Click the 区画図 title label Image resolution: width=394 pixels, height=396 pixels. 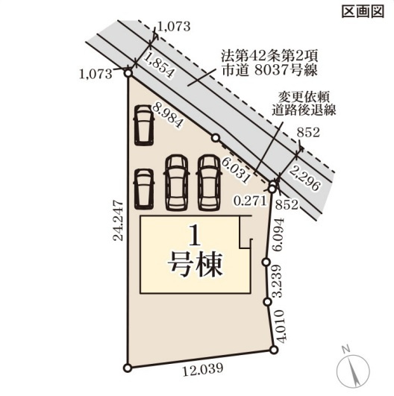point(363,11)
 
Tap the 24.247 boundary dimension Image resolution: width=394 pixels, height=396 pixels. point(118,221)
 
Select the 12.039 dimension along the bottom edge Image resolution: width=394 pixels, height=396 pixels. point(203,368)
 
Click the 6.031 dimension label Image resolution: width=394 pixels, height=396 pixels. point(236,172)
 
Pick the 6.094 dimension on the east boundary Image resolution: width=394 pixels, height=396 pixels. point(279,235)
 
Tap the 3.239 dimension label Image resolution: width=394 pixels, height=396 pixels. point(278,281)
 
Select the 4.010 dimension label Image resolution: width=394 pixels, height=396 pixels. point(281,326)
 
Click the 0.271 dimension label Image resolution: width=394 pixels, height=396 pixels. point(251,201)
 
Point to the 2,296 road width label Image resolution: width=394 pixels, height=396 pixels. point(305,178)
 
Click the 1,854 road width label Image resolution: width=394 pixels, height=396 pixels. point(159,66)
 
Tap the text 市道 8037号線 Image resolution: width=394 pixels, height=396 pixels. point(270,70)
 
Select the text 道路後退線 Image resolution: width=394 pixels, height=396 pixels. point(304,110)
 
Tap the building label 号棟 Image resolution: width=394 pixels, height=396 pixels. point(195,264)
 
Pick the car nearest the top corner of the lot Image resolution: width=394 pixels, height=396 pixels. point(144,125)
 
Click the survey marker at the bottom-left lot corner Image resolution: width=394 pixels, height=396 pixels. point(128,368)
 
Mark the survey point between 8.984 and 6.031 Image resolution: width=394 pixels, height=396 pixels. point(216,138)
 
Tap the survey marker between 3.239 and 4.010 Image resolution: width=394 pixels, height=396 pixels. point(267,302)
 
